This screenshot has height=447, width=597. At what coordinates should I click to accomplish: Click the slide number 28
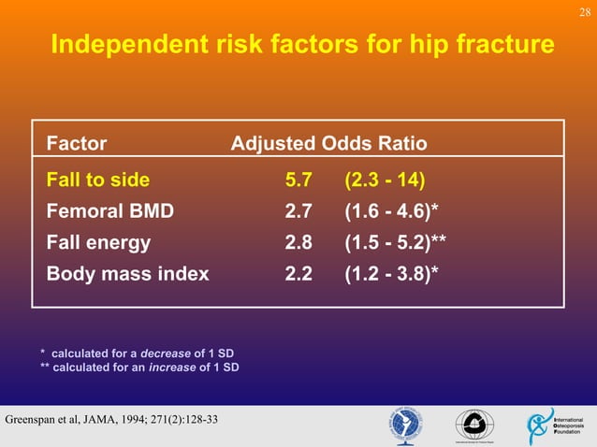pos(585,10)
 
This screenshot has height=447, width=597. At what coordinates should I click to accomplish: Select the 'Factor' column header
pos(77,144)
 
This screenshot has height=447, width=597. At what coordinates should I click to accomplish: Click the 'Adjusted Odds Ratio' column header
pos(328,144)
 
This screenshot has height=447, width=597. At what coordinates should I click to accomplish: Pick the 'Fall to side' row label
pos(98,180)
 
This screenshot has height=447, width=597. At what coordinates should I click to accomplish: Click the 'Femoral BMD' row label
pos(109,211)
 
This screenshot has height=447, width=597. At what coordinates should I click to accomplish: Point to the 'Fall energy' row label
pos(98,243)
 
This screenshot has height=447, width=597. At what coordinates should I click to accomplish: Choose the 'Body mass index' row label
pos(127,275)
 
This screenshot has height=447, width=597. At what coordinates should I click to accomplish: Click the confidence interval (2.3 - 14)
pos(385,180)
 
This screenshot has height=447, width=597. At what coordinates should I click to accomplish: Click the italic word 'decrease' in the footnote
pos(166,353)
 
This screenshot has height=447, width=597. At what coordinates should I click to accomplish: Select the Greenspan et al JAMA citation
pos(112,418)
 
